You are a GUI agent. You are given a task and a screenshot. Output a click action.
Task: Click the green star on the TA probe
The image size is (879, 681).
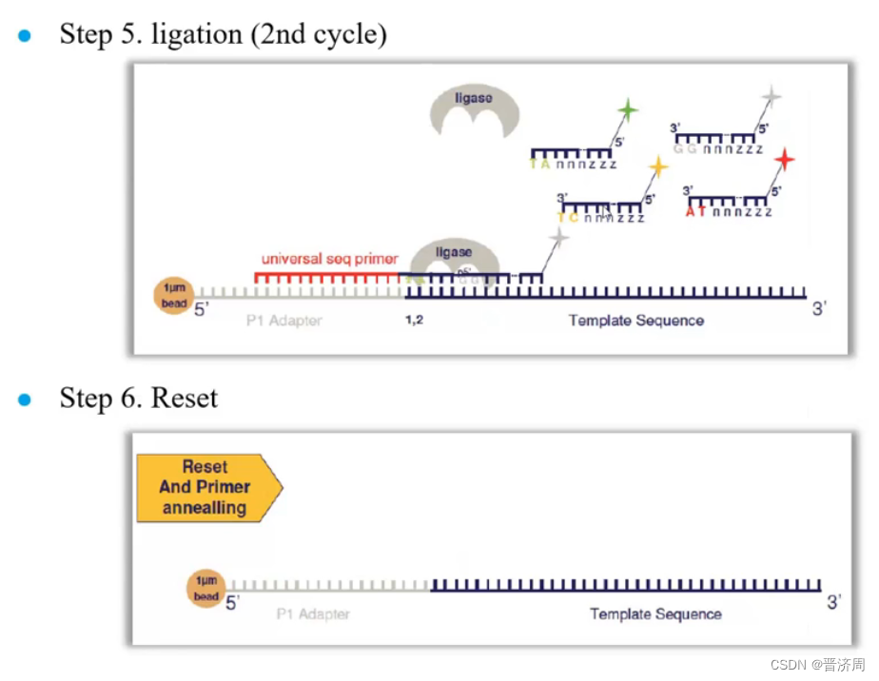click(x=627, y=111)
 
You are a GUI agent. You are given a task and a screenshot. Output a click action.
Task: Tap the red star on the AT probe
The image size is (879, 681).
click(x=784, y=159)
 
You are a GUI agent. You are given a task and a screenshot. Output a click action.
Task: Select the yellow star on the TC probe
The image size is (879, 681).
click(x=657, y=168)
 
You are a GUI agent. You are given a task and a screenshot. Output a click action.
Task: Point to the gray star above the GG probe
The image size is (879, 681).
click(x=772, y=96)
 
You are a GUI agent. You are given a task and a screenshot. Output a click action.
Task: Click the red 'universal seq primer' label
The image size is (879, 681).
click(x=329, y=259)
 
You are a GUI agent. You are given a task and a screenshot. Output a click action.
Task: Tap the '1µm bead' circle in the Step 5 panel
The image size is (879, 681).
click(x=173, y=295)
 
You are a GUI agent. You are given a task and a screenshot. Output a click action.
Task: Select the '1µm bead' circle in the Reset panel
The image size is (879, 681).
click(x=205, y=589)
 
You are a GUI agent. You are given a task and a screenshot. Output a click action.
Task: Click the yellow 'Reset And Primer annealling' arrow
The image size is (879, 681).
click(x=208, y=487)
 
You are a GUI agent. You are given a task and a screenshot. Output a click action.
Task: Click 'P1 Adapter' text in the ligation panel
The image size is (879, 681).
click(x=283, y=321)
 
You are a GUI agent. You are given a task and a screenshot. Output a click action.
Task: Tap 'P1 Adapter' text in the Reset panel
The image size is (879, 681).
click(x=313, y=614)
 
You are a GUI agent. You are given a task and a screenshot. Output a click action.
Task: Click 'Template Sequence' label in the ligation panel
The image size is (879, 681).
click(x=635, y=321)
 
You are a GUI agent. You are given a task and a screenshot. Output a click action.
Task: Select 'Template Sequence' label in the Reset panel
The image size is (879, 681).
click(x=655, y=614)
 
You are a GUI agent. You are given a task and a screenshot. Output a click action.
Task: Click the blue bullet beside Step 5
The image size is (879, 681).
click(x=25, y=35)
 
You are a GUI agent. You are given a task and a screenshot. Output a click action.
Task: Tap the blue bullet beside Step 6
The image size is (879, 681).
click(x=25, y=399)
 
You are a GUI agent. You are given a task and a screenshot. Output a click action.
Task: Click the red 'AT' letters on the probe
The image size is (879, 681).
click(x=695, y=211)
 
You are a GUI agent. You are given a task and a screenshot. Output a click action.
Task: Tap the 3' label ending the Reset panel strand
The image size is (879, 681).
click(x=834, y=602)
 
